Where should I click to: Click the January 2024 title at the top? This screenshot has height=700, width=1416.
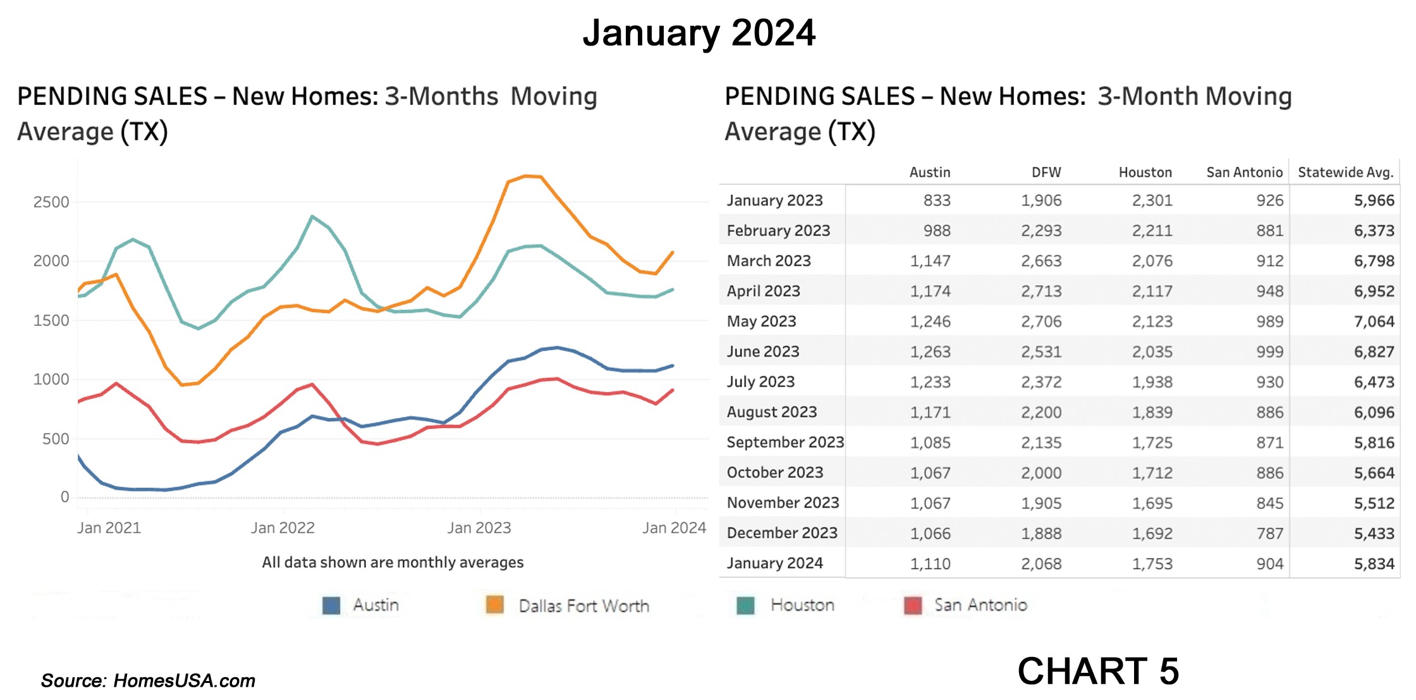699,33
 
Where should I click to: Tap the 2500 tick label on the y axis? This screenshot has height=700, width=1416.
51,202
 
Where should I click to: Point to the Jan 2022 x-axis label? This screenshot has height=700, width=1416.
283,528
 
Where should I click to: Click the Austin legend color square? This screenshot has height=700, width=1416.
331,606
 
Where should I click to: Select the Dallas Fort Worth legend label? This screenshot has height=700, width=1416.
583,606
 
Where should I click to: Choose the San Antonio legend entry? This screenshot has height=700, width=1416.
980,605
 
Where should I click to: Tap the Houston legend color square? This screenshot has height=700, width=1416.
746,606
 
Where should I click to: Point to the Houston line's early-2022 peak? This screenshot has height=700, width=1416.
312,217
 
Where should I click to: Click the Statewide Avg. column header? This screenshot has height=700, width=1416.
1345,172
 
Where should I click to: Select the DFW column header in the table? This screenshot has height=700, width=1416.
1046,172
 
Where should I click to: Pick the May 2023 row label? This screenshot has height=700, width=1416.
761,321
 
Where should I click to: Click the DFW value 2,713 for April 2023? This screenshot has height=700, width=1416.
1041,292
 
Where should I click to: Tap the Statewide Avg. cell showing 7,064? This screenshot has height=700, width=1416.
1374,321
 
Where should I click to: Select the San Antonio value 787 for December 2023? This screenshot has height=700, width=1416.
1269,534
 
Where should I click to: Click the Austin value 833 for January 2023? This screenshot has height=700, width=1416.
937,200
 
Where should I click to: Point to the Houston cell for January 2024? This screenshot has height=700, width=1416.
1152,564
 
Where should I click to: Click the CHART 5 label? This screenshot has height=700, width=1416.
1098,671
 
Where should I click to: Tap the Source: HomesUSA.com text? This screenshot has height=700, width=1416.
148,681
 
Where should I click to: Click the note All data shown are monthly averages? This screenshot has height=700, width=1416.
393,562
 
